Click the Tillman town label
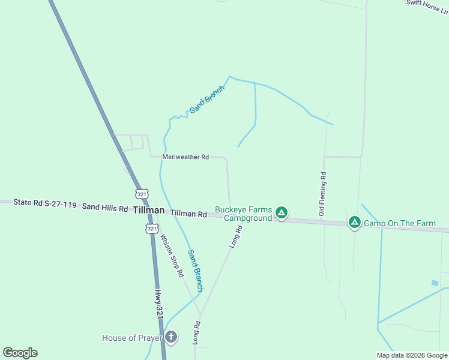148,210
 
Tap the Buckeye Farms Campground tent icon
281,212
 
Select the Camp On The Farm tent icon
355,223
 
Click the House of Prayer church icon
171,337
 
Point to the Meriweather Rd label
185,157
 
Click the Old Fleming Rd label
322,194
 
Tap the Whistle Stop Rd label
171,255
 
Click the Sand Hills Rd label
105,208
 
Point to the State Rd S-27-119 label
45,205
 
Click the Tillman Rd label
188,214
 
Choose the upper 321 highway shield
142,194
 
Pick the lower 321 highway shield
152,229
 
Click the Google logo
20,353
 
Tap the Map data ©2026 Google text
412,355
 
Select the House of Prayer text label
131,338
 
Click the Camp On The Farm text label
400,223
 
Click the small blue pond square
435,283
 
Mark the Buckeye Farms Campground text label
244,214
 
